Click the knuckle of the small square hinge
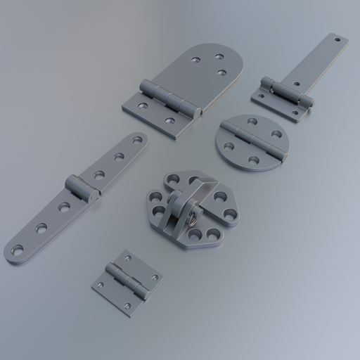(x=127, y=281)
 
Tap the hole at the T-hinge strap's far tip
(x=337, y=40)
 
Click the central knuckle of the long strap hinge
(x=82, y=189)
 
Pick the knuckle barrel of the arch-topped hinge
(x=169, y=98)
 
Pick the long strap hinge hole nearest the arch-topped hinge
(x=137, y=140)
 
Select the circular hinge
(x=252, y=141)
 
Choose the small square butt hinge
(x=127, y=281)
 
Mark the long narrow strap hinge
(x=77, y=197)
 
